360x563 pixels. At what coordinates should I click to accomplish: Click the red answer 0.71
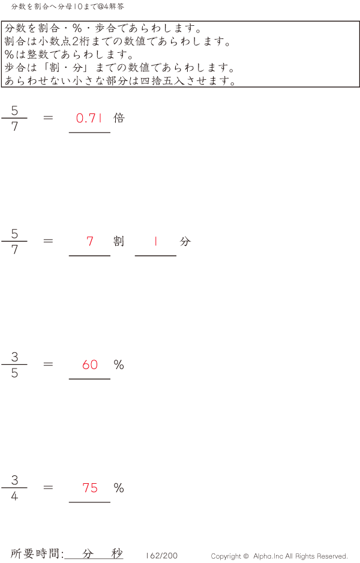click(89, 118)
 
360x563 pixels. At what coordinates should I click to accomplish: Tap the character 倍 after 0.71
click(119, 118)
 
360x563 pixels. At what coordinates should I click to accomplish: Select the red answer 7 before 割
click(90, 241)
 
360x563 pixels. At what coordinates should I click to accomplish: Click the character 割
click(119, 241)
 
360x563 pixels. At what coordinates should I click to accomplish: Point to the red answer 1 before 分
click(155, 241)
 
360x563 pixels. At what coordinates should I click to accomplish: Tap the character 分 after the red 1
click(185, 241)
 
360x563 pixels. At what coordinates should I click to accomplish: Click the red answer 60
click(90, 365)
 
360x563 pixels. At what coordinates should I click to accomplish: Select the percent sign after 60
click(119, 365)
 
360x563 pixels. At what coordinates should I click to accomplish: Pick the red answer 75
click(90, 488)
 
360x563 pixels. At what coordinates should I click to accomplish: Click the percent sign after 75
click(119, 488)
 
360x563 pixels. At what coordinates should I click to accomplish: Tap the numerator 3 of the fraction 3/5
click(14, 357)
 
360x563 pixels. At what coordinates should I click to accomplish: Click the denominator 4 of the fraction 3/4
click(14, 496)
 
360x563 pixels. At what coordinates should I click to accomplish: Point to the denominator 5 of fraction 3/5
click(14, 373)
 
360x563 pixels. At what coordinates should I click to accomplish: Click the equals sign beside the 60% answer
click(49, 364)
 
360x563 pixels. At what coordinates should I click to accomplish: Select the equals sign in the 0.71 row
click(49, 118)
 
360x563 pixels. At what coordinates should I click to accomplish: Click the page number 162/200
click(161, 556)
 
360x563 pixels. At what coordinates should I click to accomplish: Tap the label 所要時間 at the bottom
click(37, 553)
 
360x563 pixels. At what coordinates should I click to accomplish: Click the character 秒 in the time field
click(116, 553)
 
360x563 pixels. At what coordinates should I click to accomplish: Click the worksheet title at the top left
click(68, 7)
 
